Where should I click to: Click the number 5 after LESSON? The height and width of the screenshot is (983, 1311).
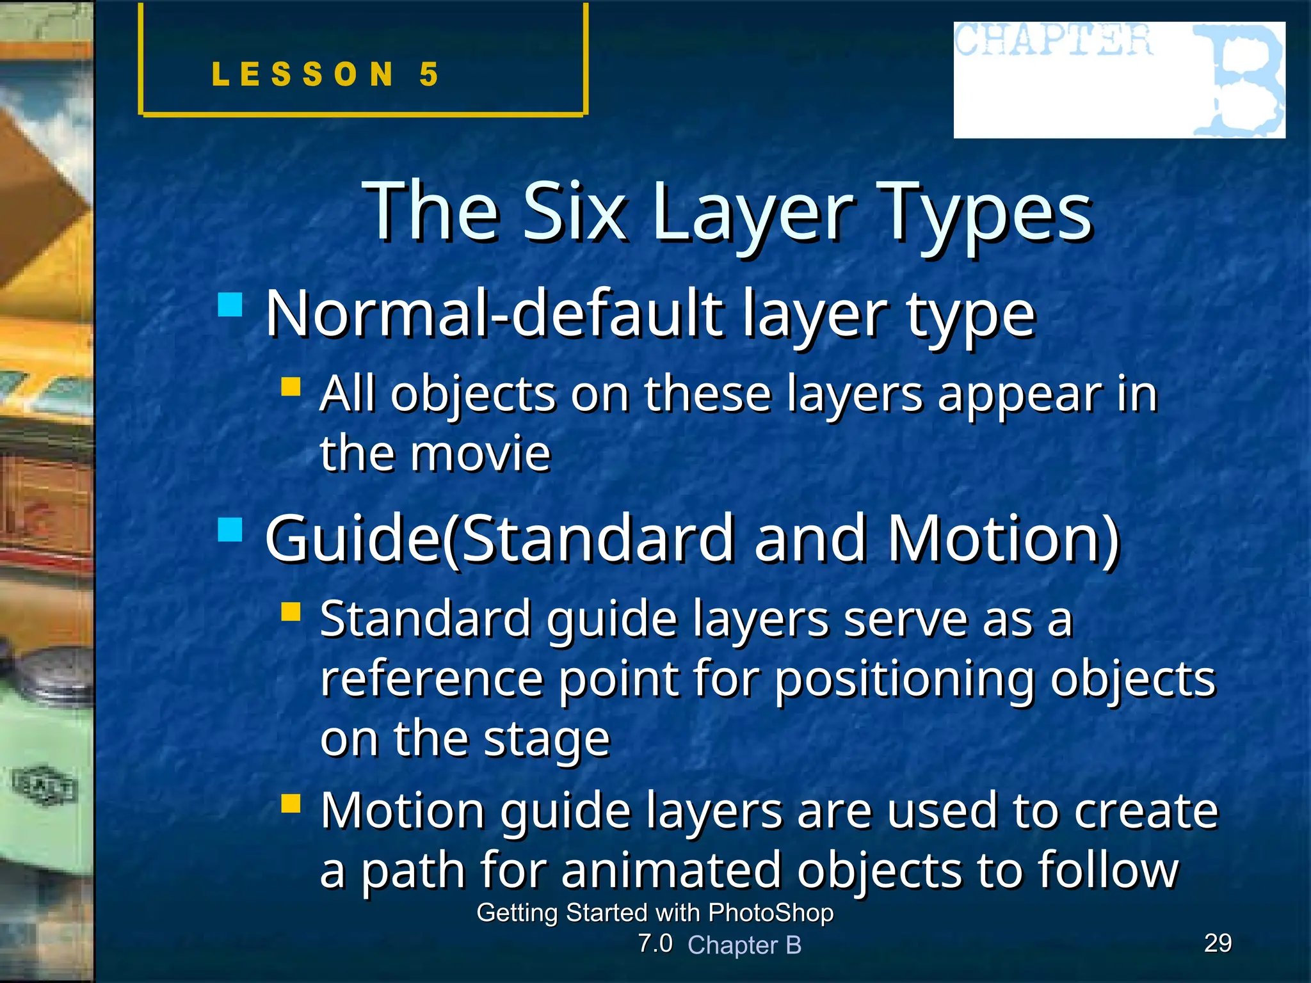pos(429,75)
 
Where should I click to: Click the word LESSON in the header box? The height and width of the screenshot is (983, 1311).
pos(303,75)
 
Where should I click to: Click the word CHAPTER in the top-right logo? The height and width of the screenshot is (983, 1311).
pos(1053,40)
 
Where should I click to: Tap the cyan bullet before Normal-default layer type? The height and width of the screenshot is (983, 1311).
pos(230,305)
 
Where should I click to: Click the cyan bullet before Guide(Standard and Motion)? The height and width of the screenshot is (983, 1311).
pos(230,529)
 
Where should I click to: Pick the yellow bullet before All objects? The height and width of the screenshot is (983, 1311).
pos(291,387)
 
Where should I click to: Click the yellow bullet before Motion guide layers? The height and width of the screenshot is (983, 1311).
pos(291,803)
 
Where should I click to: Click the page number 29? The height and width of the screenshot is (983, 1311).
pos(1218,943)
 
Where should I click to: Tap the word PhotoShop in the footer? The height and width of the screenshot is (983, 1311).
pos(771,913)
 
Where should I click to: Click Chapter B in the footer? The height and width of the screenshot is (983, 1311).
pos(744,945)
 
